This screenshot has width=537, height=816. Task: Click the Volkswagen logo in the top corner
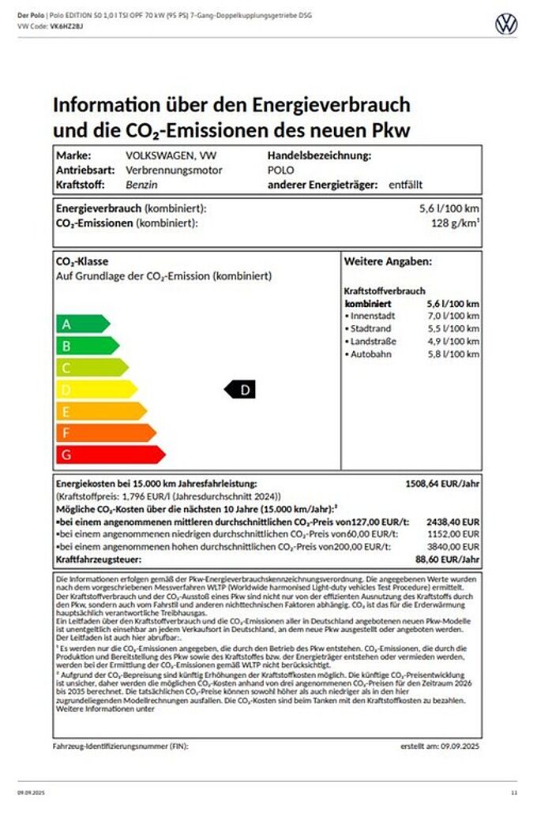pyautogui.click(x=506, y=24)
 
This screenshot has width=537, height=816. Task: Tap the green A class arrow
pyautogui.click(x=81, y=324)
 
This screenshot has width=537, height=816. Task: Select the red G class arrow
pyautogui.click(x=109, y=455)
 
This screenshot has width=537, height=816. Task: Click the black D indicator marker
pyautogui.click(x=242, y=389)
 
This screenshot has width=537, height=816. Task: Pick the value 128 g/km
pyautogui.click(x=451, y=223)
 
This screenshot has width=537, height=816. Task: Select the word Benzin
pyautogui.click(x=142, y=185)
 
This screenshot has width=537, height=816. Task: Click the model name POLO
pyautogui.click(x=280, y=170)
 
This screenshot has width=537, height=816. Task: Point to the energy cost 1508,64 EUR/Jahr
pyautogui.click(x=441, y=483)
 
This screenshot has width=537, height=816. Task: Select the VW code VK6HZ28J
pyautogui.click(x=66, y=26)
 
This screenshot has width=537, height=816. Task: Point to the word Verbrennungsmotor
pyautogui.click(x=174, y=170)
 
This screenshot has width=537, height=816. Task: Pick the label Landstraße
pyautogui.click(x=374, y=342)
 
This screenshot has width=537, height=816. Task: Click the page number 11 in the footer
pyautogui.click(x=514, y=792)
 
